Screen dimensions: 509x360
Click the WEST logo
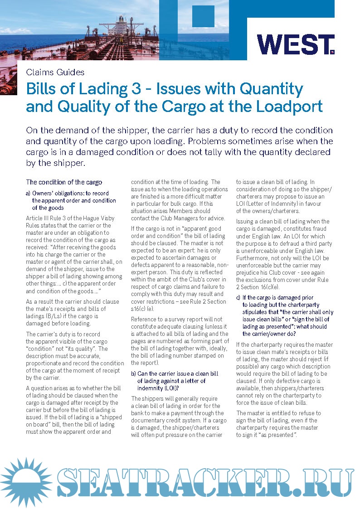295,44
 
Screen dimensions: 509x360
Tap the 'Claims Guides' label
55,72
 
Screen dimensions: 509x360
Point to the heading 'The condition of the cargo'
64,182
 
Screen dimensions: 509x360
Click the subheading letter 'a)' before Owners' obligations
28,193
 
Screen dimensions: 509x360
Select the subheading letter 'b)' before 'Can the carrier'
133,373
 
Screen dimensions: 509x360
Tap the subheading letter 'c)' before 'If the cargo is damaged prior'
238,297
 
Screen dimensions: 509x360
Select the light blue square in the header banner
203,16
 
